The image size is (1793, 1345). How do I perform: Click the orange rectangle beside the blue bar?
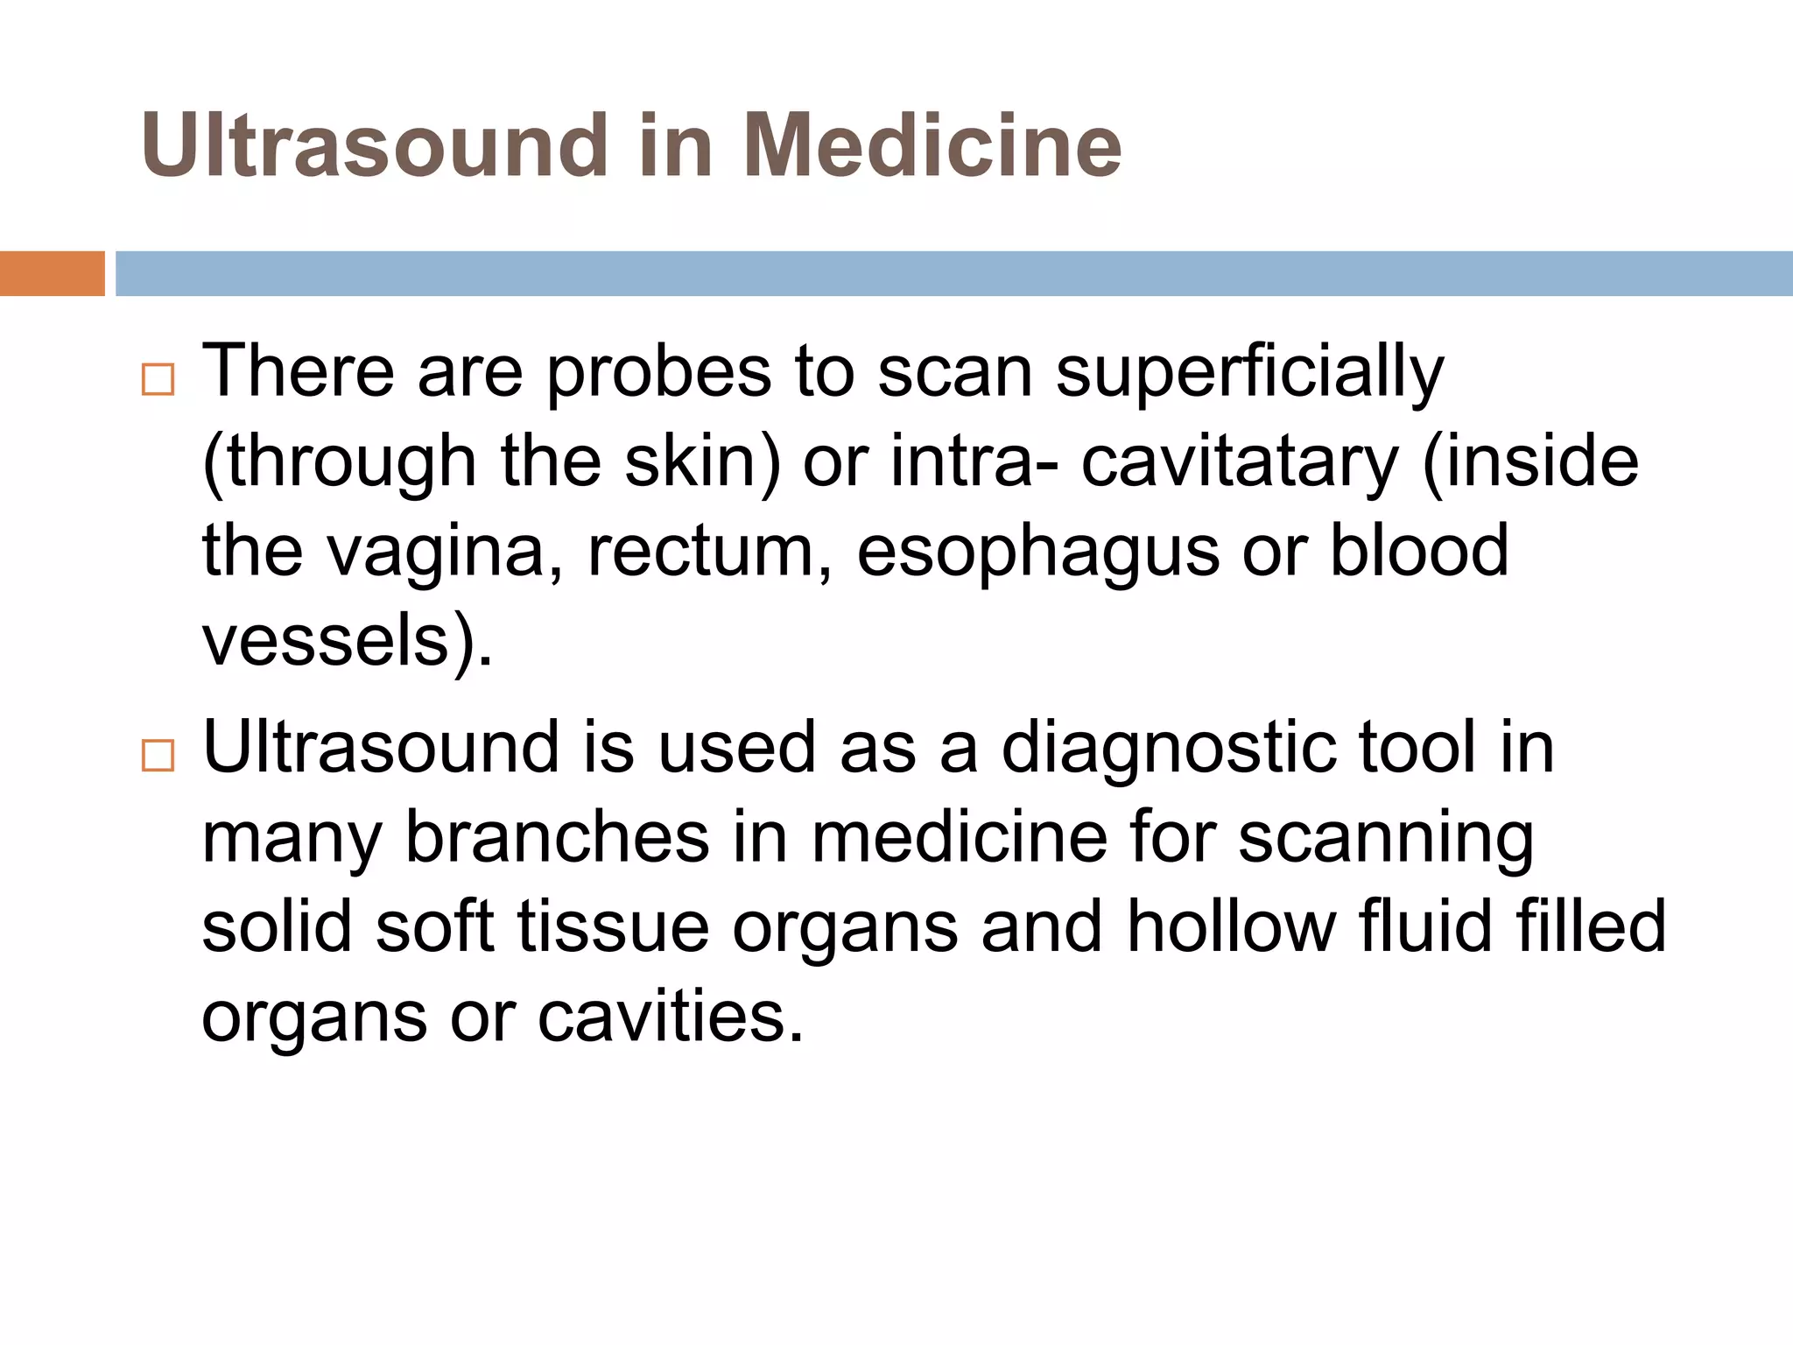click(x=52, y=273)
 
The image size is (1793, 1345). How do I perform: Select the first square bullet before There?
click(x=158, y=380)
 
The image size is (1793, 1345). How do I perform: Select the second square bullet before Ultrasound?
click(x=158, y=755)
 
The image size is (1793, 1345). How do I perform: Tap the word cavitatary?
click(x=1240, y=462)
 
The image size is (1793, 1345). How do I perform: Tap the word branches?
click(x=557, y=839)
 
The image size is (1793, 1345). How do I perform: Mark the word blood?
click(x=1419, y=552)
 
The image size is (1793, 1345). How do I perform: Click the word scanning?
click(x=1386, y=839)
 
